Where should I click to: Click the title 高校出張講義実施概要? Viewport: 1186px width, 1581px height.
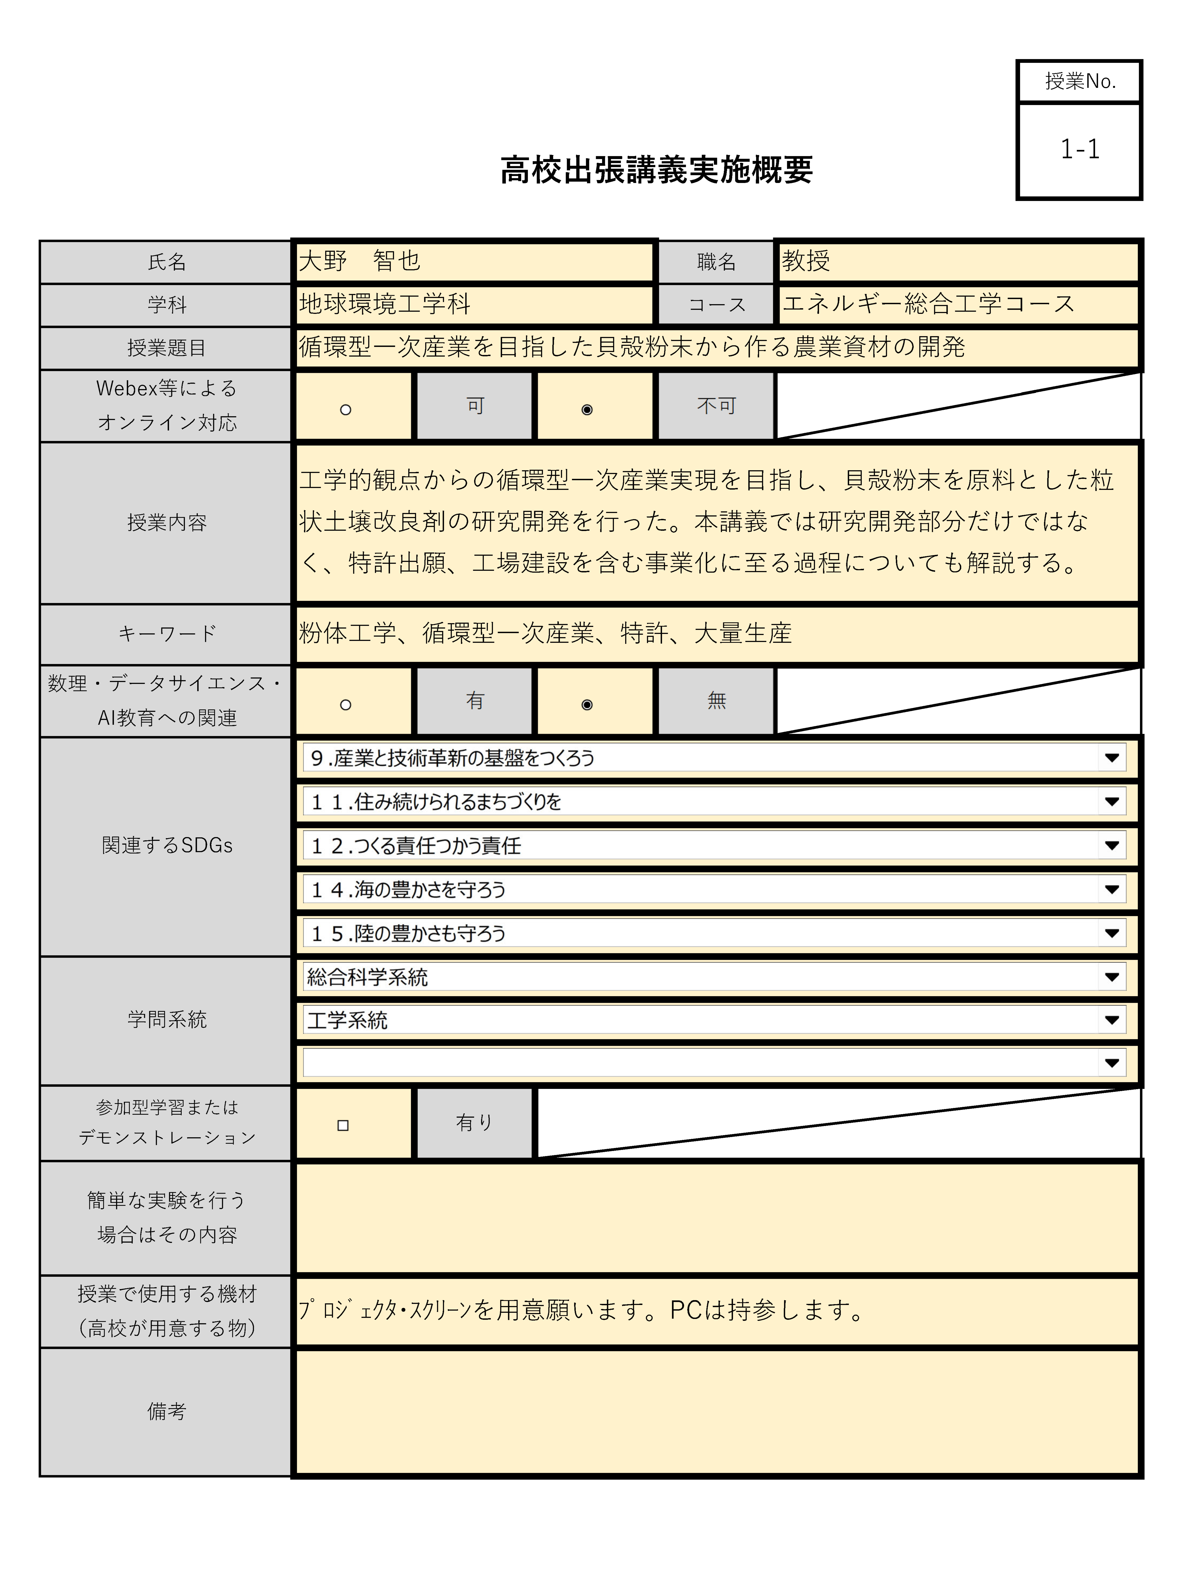[x=656, y=170]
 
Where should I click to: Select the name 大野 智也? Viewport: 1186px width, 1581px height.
[x=360, y=261]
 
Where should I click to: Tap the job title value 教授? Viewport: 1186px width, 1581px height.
[x=806, y=261]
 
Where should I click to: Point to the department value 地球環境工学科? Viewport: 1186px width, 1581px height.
[x=385, y=304]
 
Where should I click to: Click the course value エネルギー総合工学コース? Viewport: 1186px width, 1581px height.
[x=928, y=304]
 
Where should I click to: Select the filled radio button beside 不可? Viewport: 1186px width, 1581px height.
[x=587, y=410]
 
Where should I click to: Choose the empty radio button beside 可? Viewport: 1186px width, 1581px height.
[x=345, y=410]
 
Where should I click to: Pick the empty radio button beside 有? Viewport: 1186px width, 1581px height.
[x=345, y=705]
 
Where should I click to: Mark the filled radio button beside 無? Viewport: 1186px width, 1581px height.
[x=587, y=705]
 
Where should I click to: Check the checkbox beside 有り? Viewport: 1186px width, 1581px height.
[x=343, y=1125]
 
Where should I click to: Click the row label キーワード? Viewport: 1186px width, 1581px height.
[x=167, y=633]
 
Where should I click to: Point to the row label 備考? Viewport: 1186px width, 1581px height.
[x=167, y=1412]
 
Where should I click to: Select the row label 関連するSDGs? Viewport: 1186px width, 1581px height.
[x=167, y=845]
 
